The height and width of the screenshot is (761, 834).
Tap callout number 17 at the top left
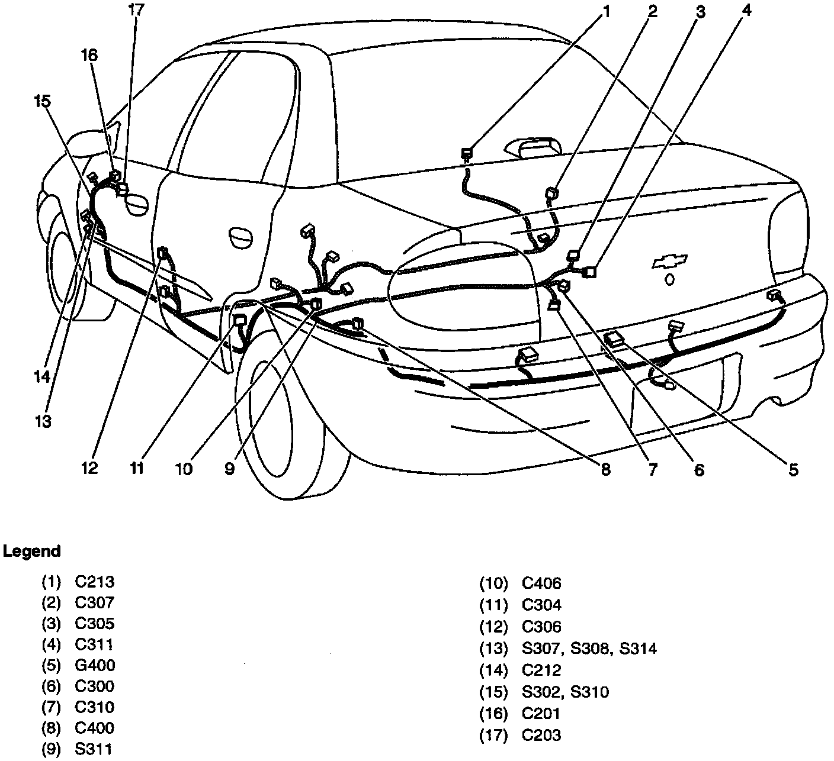(136, 11)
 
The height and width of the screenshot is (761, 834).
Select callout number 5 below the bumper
(793, 470)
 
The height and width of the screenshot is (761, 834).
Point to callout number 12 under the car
(89, 468)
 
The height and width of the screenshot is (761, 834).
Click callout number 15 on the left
(41, 101)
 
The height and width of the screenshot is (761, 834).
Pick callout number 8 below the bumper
(605, 470)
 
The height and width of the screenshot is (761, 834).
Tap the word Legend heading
(32, 552)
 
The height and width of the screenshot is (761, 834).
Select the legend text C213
(95, 582)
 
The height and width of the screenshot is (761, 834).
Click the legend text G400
(95, 665)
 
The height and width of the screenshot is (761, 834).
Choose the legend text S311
(94, 749)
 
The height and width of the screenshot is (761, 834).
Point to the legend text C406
(541, 584)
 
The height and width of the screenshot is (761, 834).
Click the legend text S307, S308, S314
(589, 649)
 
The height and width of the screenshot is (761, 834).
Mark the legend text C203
(541, 736)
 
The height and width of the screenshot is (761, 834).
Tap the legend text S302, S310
(565, 692)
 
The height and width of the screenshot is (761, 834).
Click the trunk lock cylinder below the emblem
(669, 279)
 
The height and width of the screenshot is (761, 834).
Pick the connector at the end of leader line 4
(590, 272)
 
